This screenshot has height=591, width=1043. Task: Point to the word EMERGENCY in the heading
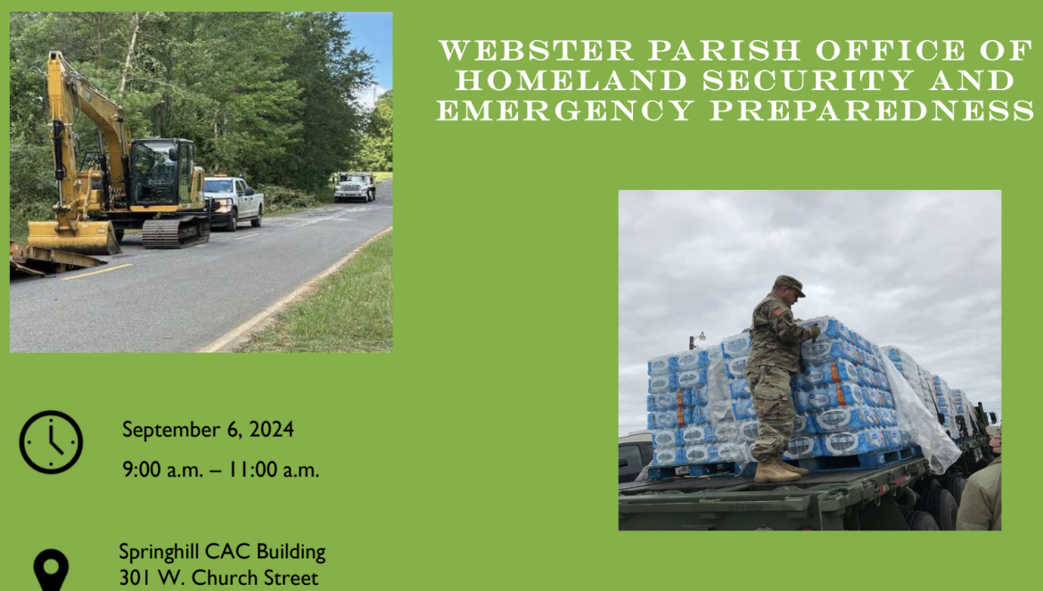pyautogui.click(x=565, y=111)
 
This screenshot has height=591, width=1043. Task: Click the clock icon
pyautogui.click(x=51, y=442)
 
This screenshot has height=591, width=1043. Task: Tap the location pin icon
pyautogui.click(x=51, y=570)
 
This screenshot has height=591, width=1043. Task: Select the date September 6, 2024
pyautogui.click(x=208, y=430)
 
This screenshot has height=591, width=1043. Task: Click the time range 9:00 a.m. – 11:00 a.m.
pyautogui.click(x=221, y=470)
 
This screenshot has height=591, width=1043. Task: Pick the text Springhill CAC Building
pyautogui.click(x=222, y=552)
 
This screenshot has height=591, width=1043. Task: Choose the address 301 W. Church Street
pyautogui.click(x=218, y=577)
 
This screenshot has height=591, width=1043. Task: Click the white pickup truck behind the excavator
pyautogui.click(x=234, y=201)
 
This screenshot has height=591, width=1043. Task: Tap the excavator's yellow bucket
pyautogui.click(x=72, y=236)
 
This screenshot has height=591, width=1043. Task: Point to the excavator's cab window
pyautogui.click(x=153, y=173)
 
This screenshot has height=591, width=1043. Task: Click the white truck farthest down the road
pyautogui.click(x=355, y=187)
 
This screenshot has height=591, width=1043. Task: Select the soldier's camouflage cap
pyautogui.click(x=790, y=285)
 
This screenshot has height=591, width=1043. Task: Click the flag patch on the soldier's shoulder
pyautogui.click(x=780, y=311)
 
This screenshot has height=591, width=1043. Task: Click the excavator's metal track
pyautogui.click(x=175, y=231)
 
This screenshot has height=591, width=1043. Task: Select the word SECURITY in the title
pyautogui.click(x=809, y=80)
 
